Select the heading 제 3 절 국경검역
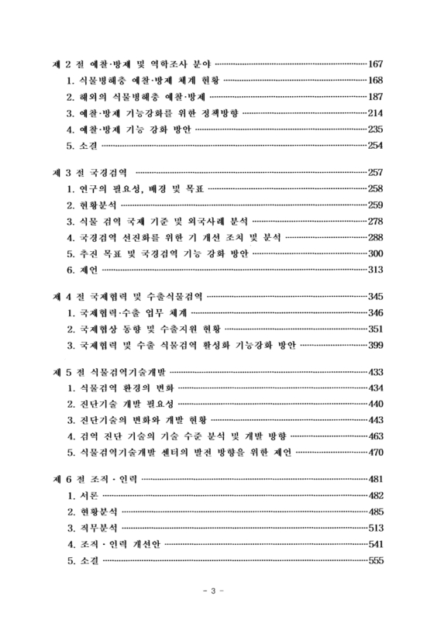(x=91, y=171)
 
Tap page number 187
(x=376, y=97)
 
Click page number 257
(x=376, y=171)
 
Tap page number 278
(x=376, y=220)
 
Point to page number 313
(x=376, y=269)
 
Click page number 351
(x=376, y=329)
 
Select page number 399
(x=376, y=345)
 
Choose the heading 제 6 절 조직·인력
(x=96, y=480)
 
